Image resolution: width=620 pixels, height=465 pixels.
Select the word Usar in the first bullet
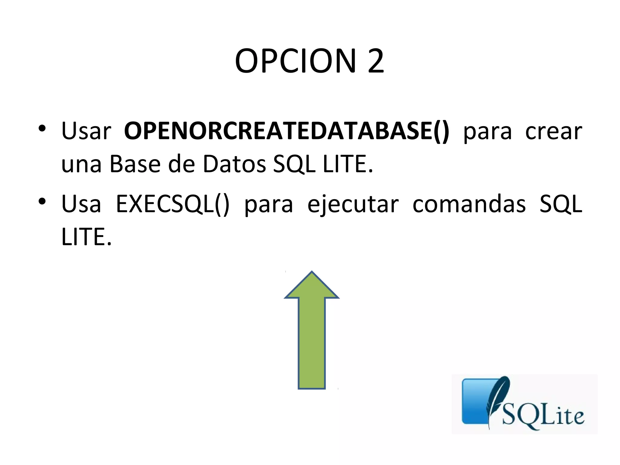[x=86, y=131]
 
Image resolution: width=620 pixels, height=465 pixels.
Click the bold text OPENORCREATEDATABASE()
[x=287, y=131]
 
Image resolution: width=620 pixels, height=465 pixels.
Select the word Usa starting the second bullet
[x=81, y=204]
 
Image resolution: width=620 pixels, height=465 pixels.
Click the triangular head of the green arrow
[x=312, y=286]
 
